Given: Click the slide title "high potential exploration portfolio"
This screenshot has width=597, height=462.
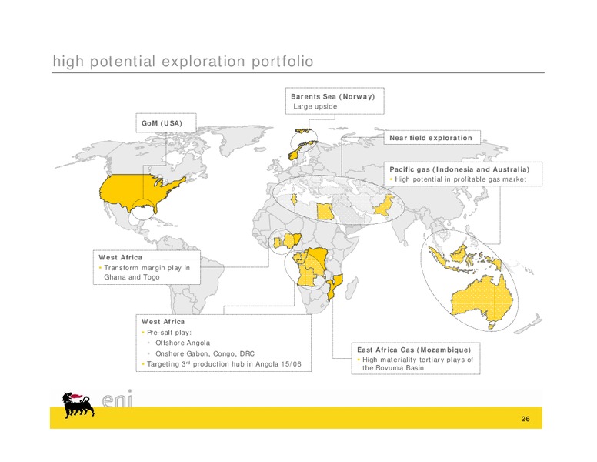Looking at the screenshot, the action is pyautogui.click(x=183, y=62).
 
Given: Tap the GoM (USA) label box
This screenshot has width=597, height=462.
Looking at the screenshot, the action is pyautogui.click(x=166, y=122).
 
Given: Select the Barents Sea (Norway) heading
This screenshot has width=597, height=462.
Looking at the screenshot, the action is pyautogui.click(x=333, y=96).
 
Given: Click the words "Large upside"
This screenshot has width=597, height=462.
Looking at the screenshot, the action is pyautogui.click(x=315, y=106).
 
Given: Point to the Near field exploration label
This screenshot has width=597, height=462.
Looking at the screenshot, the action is pyautogui.click(x=431, y=138).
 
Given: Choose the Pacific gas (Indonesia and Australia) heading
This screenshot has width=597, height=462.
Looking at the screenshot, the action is pyautogui.click(x=459, y=169).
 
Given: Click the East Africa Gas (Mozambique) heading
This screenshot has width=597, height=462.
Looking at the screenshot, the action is pyautogui.click(x=414, y=350).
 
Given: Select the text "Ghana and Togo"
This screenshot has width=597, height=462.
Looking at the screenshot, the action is pyautogui.click(x=132, y=277).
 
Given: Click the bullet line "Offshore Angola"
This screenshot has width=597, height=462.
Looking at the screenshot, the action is pyautogui.click(x=182, y=343).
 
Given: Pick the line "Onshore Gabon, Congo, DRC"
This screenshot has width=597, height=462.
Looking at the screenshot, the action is pyautogui.click(x=205, y=353).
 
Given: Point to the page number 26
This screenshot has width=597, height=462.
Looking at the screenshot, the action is pyautogui.click(x=525, y=419).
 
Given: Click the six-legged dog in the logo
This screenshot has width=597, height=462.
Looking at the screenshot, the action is pyautogui.click(x=78, y=404).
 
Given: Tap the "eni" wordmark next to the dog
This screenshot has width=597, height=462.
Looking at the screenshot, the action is pyautogui.click(x=117, y=399).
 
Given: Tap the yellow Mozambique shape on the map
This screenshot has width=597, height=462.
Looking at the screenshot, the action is pyautogui.click(x=335, y=286).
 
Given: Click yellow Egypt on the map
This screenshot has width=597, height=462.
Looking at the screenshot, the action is pyautogui.click(x=325, y=211).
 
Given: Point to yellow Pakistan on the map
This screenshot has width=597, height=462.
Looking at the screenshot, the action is pyautogui.click(x=383, y=206).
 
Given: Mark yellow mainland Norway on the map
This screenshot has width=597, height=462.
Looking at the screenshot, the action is pyautogui.click(x=301, y=149).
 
